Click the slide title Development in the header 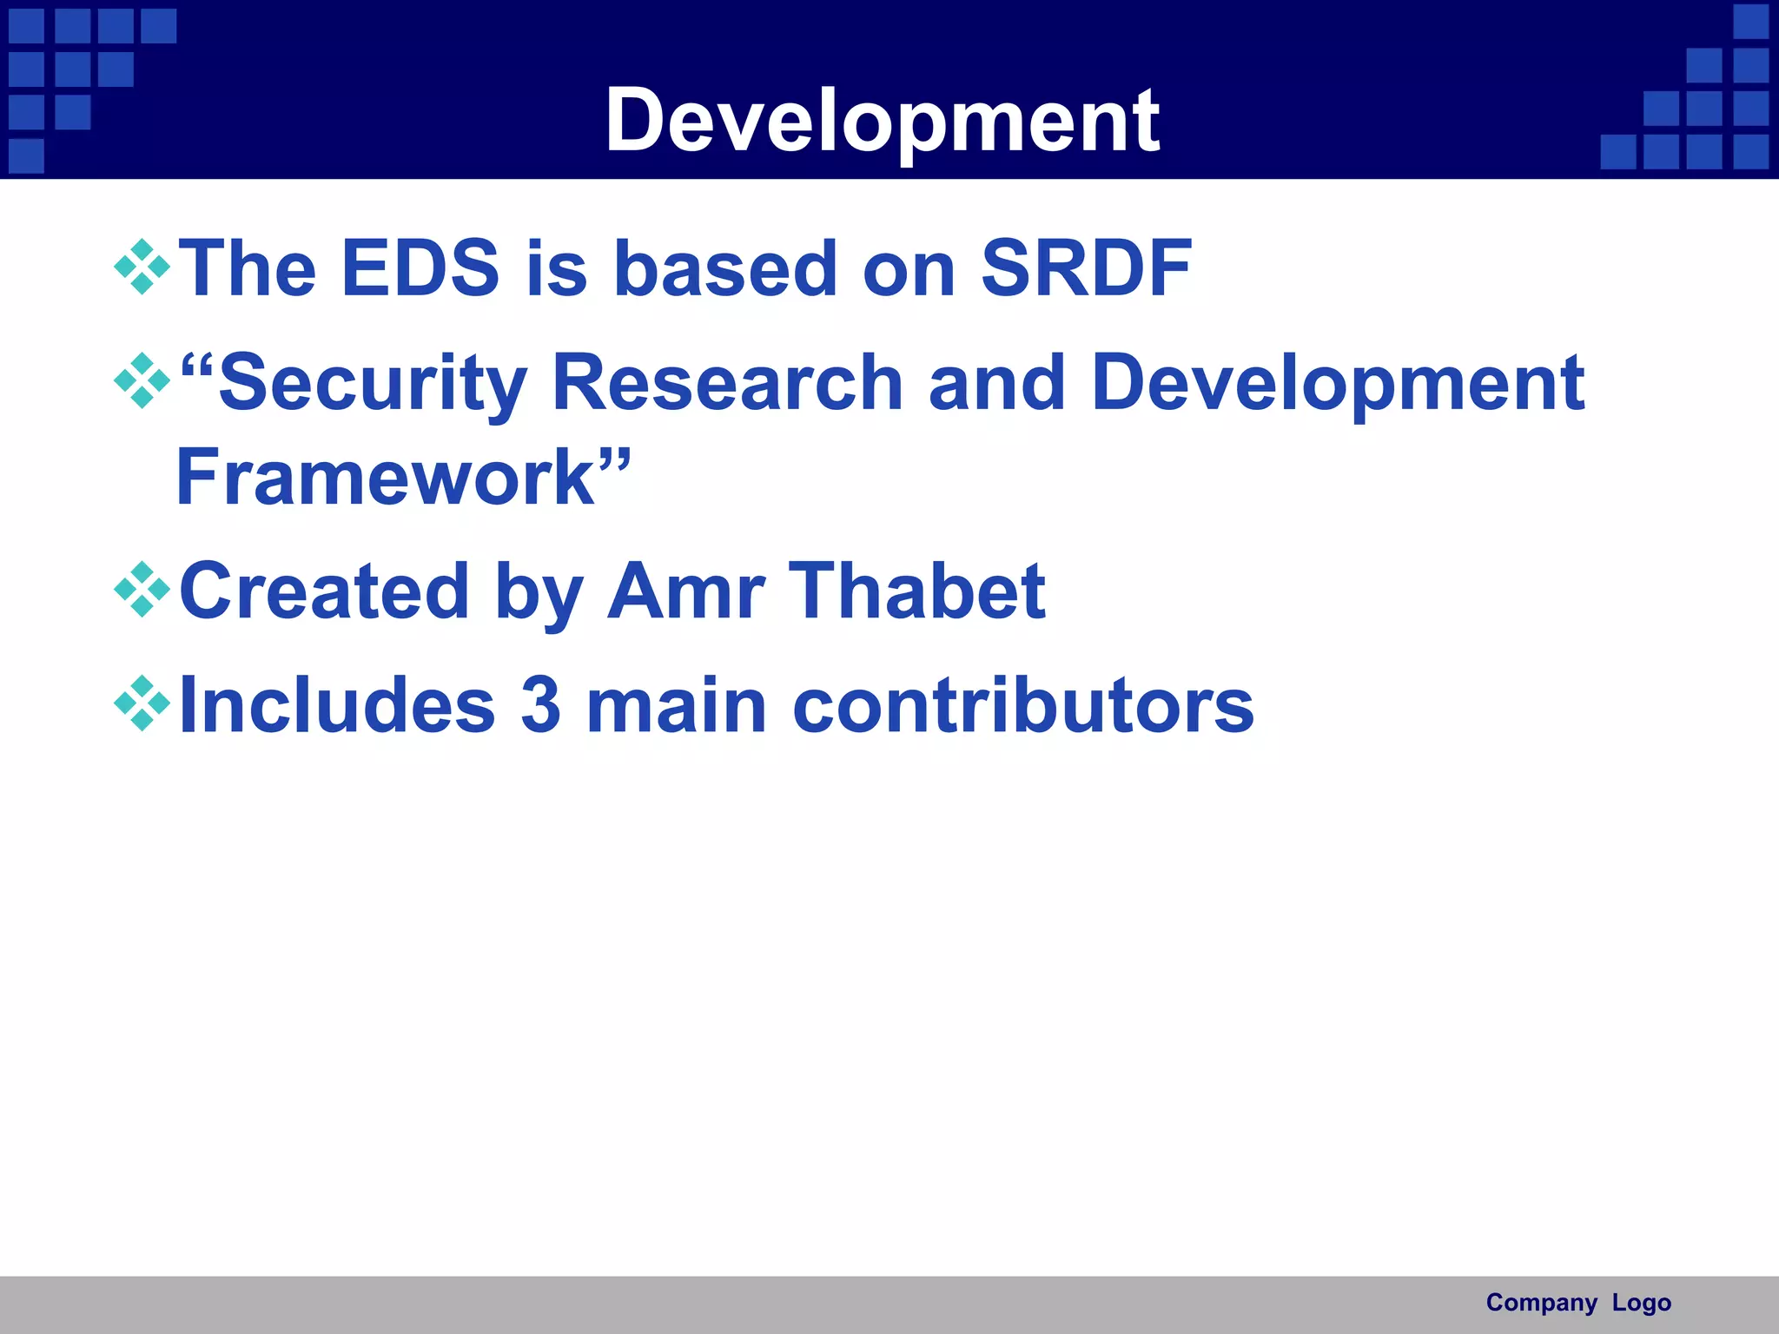coord(882,122)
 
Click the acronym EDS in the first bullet coord(420,268)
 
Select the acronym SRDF coord(1086,268)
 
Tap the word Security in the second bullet coord(374,384)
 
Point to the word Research coord(728,384)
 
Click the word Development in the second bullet coord(1338,384)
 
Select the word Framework coord(386,478)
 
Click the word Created coord(324,591)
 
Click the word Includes coord(337,705)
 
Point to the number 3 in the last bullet coord(541,705)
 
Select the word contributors coord(1023,705)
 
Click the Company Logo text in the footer coord(1578,1303)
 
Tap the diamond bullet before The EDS coord(142,267)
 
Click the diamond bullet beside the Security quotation coord(142,381)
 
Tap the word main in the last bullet coord(677,705)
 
